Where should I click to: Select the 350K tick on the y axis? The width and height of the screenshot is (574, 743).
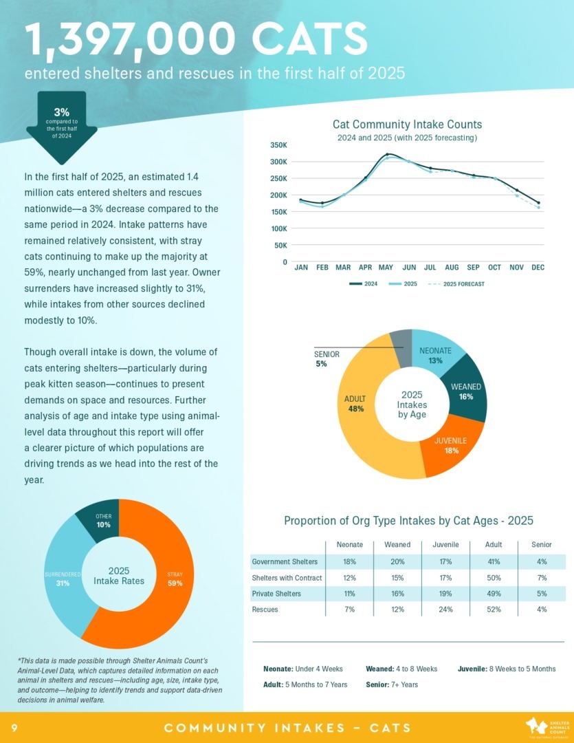pos(278,145)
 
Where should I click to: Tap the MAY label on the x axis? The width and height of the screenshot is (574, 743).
pos(386,267)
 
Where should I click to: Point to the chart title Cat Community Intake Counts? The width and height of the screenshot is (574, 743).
pos(407,125)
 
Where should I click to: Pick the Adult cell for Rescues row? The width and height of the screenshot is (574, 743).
pos(494,610)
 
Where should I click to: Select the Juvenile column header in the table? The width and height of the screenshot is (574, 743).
pos(445,544)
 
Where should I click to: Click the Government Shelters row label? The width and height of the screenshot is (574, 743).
pos(285,561)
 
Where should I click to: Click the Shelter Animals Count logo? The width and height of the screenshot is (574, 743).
pos(544,727)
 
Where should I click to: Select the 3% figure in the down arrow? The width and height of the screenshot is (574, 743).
pos(61,112)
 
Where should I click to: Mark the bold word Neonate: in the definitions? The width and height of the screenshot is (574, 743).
pos(278,669)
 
